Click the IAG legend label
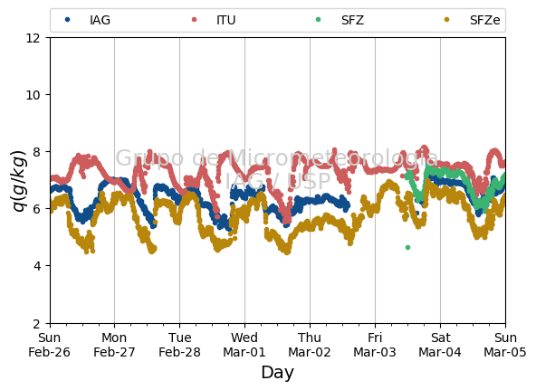[x=100, y=20]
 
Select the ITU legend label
[x=226, y=20]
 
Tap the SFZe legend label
[x=484, y=20]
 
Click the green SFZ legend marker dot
[x=319, y=20]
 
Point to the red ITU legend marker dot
[x=194, y=20]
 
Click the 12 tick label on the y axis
[x=33, y=38]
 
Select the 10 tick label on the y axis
[x=33, y=95]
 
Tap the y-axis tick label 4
[x=36, y=266]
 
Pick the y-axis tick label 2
[x=36, y=323]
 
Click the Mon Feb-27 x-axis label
[x=114, y=345]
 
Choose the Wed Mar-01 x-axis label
[x=244, y=345]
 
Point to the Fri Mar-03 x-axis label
[x=375, y=345]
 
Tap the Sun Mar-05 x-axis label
[x=505, y=345]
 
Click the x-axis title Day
[x=277, y=373]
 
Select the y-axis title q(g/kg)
[x=18, y=181]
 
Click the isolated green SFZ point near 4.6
[x=407, y=247]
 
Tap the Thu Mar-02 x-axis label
[x=310, y=345]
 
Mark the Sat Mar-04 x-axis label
[x=440, y=345]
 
